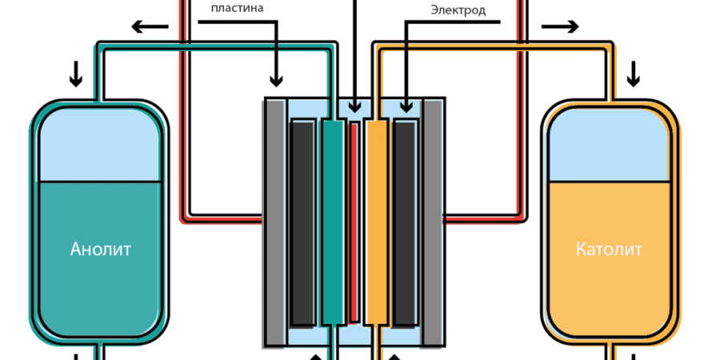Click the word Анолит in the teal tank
101,249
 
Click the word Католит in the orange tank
609,249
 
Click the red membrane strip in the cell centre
354,222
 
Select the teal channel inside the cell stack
331,222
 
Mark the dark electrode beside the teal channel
302,222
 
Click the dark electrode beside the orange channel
405,222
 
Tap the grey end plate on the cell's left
274,222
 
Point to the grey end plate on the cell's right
433,222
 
